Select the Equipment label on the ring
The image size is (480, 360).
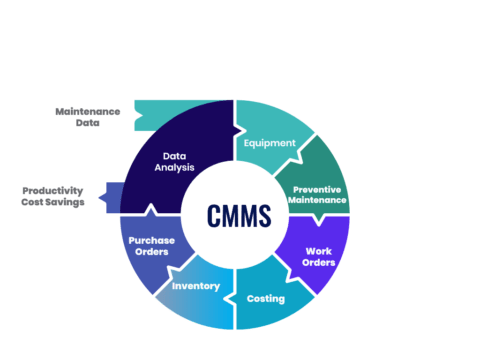coord(270,143)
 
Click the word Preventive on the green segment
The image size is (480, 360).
coord(319,188)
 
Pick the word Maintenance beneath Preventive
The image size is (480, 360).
coord(319,200)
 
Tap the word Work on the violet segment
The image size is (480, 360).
coord(319,251)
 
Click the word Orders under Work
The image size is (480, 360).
coord(319,263)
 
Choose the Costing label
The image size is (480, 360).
coord(266,298)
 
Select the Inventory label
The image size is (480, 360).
coord(196,287)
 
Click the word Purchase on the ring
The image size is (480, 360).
coord(152,240)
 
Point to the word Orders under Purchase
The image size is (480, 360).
coord(152,252)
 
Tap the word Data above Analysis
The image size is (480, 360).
coord(176,156)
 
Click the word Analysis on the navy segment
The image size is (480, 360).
coord(176,168)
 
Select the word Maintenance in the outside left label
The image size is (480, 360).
coord(88,111)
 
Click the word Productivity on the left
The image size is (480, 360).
coord(54,190)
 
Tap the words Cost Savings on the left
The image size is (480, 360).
coord(54,202)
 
